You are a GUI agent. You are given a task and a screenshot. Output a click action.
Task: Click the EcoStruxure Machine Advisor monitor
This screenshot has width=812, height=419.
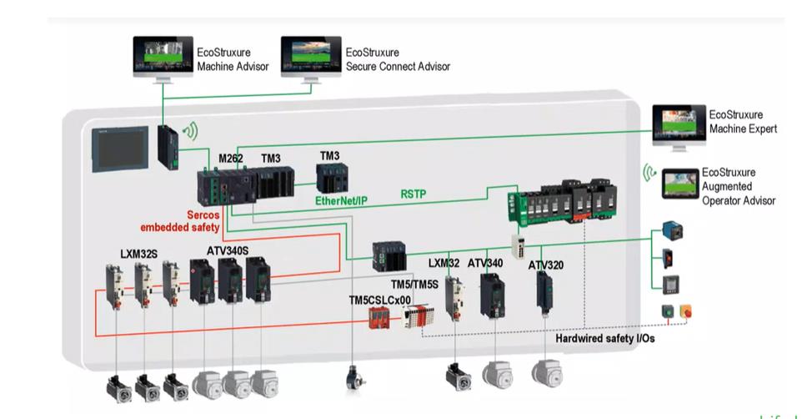(163, 58)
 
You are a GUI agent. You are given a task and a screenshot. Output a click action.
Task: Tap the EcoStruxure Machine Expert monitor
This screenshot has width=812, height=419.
(679, 126)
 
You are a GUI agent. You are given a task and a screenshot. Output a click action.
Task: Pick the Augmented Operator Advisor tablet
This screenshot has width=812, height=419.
(680, 183)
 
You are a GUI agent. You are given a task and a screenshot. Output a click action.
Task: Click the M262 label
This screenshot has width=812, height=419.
(230, 158)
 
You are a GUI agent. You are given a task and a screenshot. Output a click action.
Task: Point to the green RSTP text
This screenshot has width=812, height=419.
(414, 194)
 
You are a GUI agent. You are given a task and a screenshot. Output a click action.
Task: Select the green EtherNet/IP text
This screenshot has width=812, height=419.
(341, 200)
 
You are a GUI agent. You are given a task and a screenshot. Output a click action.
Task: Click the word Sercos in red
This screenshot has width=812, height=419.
(203, 215)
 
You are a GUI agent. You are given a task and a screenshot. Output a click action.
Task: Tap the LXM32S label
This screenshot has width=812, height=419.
(138, 254)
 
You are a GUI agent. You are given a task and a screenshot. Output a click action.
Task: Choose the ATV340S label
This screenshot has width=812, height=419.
(228, 251)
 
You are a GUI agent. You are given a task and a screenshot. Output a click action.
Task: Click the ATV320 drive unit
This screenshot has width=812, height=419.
(544, 292)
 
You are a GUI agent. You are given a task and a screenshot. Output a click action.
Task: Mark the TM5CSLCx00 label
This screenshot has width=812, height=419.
(379, 300)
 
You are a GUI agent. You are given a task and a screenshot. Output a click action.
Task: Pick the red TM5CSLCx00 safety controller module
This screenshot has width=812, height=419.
(378, 317)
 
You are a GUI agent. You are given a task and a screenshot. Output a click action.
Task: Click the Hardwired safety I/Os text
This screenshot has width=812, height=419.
(605, 339)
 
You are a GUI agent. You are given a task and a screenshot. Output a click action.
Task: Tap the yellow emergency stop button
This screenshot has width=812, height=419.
(685, 311)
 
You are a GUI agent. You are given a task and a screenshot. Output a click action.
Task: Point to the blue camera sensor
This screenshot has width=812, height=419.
(672, 230)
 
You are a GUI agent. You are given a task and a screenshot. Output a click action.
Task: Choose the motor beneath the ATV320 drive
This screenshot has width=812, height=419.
(547, 372)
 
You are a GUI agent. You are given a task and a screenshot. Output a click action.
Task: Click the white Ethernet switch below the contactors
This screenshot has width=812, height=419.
(518, 245)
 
